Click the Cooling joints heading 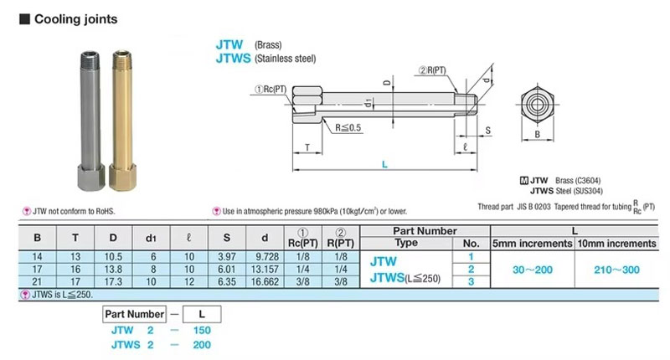75,19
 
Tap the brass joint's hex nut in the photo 122,176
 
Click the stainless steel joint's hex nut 91,176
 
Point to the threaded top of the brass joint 122,59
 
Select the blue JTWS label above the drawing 233,58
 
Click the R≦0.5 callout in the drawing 348,128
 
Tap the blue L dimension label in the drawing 384,164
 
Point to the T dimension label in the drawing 307,147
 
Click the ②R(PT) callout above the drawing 432,70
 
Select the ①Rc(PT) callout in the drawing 271,90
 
